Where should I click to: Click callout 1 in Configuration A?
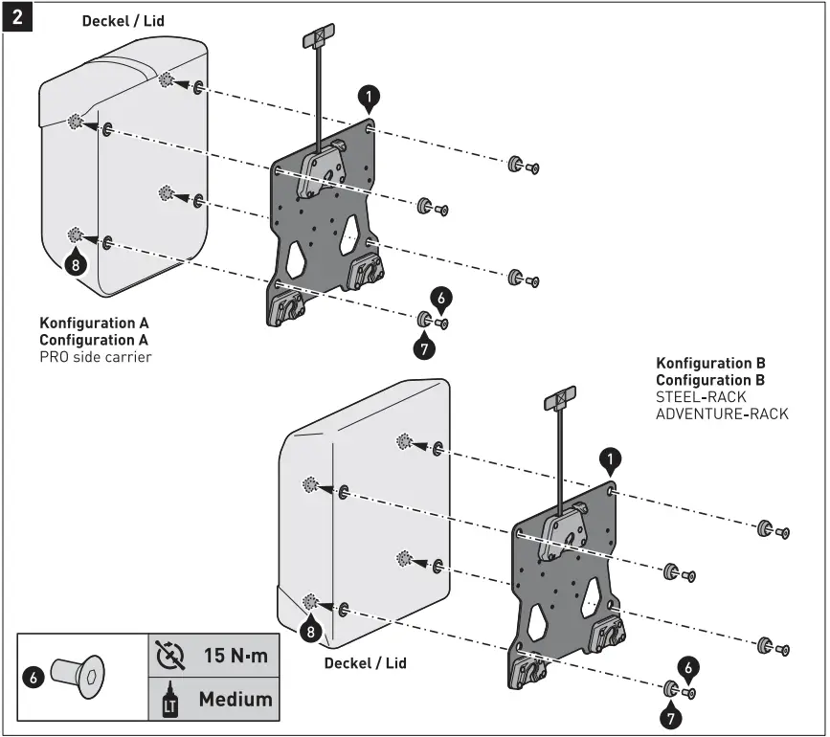[x=370, y=96]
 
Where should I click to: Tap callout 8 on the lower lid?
[x=309, y=631]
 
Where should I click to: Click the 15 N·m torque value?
[x=236, y=657]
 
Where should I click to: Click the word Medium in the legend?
[x=236, y=699]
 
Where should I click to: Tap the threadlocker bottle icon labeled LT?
[x=169, y=700]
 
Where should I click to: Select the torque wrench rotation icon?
[x=169, y=657]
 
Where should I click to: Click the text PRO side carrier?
[x=96, y=357]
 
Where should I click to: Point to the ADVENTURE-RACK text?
[x=722, y=413]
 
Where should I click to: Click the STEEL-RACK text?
[x=701, y=396]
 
